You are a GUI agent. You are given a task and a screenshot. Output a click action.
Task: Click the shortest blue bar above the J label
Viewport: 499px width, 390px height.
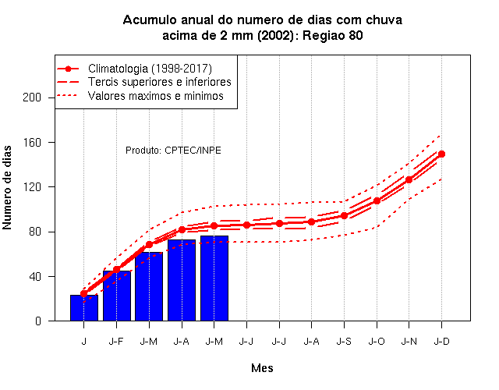pos(84,308)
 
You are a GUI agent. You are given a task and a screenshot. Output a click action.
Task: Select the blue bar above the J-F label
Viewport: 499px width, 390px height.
pos(117,296)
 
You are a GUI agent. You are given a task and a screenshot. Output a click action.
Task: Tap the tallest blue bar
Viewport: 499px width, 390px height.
pos(214,278)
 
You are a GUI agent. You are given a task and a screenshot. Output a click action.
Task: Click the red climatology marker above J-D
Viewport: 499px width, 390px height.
pos(441,154)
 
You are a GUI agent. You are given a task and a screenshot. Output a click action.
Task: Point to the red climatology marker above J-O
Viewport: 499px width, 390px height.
pos(377,201)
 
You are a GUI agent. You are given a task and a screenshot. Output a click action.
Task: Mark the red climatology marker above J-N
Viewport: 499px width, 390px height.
pos(409,179)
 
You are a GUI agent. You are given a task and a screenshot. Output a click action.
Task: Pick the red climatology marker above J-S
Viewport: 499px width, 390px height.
pos(344,215)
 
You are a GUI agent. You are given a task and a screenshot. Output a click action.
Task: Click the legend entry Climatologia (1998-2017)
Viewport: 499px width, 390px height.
pos(150,69)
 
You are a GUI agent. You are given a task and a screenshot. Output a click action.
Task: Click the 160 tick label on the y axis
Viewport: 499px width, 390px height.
pos(32,142)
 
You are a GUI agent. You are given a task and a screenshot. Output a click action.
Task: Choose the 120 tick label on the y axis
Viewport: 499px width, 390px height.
pos(32,187)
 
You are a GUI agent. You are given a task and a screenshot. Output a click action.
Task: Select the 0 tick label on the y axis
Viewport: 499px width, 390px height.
pos(38,321)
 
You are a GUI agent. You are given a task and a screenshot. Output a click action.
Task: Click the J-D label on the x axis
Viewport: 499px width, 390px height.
pos(441,342)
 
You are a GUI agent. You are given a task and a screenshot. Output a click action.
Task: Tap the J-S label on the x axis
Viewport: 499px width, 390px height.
pos(344,342)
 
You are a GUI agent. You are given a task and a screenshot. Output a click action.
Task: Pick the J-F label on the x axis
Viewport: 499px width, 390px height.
pos(116,342)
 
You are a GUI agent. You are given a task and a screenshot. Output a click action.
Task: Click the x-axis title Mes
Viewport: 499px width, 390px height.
pos(262,368)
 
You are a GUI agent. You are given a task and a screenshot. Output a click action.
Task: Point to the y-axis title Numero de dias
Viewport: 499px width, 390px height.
pos(7,188)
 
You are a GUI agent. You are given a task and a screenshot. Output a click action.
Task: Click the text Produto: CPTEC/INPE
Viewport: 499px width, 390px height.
pos(173,151)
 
